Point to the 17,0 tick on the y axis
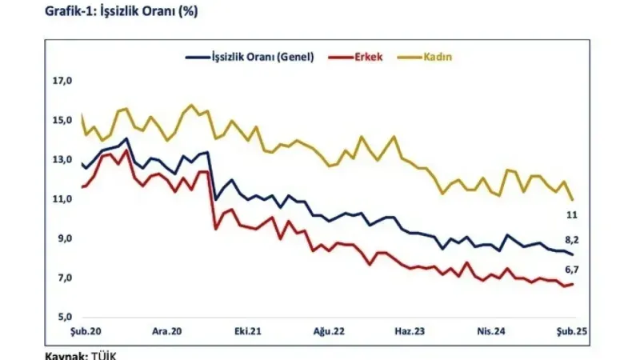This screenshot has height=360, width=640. pos(62,81)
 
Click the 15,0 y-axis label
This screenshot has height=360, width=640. pos(62,120)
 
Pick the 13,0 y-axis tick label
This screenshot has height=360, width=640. pos(62,159)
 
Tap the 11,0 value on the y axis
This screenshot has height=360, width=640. pos(62,198)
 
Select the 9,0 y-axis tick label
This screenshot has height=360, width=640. pos(64,238)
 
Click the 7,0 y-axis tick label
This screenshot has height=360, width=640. pos(64,278)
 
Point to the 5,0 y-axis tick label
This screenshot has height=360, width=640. pos(64,317)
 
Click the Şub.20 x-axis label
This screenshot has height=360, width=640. pos(83,330)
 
